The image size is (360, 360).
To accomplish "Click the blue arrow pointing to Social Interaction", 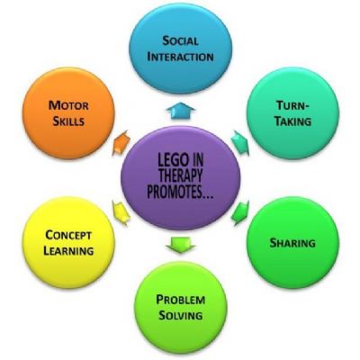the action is click(181, 111).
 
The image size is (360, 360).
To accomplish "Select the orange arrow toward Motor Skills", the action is click(121, 143).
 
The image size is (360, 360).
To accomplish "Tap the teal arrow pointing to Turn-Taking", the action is click(240, 143).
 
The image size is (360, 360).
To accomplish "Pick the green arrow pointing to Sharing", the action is click(240, 213).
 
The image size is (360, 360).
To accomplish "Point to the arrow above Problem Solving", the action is click(181, 245).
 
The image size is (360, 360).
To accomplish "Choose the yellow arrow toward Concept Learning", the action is click(121, 213).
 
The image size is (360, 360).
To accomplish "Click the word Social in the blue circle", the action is click(180, 40).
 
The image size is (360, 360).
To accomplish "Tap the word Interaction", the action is click(181, 57).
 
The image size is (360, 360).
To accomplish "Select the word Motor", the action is click(68, 105).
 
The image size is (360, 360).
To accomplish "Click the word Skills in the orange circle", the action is click(68, 121).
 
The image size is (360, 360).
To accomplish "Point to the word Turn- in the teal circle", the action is click(292, 105).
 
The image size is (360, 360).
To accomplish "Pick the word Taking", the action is click(293, 121).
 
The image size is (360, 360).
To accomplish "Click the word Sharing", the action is click(292, 243).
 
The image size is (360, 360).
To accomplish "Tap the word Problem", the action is click(181, 300).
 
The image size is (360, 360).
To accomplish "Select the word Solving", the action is click(180, 315).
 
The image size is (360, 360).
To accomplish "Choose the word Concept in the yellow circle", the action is click(68, 235).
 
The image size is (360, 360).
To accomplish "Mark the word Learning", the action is click(68, 251).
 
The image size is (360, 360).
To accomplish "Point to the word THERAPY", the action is click(180, 176).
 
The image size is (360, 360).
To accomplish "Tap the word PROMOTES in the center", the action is click(176, 192).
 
